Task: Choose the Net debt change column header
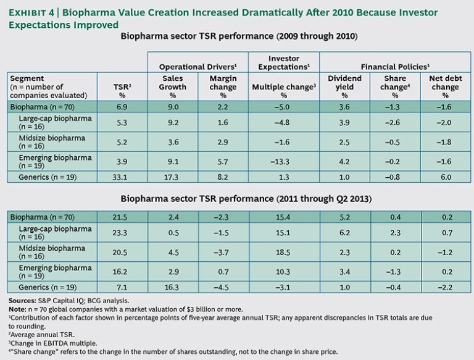[444, 87]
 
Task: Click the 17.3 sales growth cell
[173, 177]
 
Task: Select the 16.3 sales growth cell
[173, 287]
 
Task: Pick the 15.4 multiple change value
[284, 217]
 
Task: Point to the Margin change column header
[223, 87]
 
